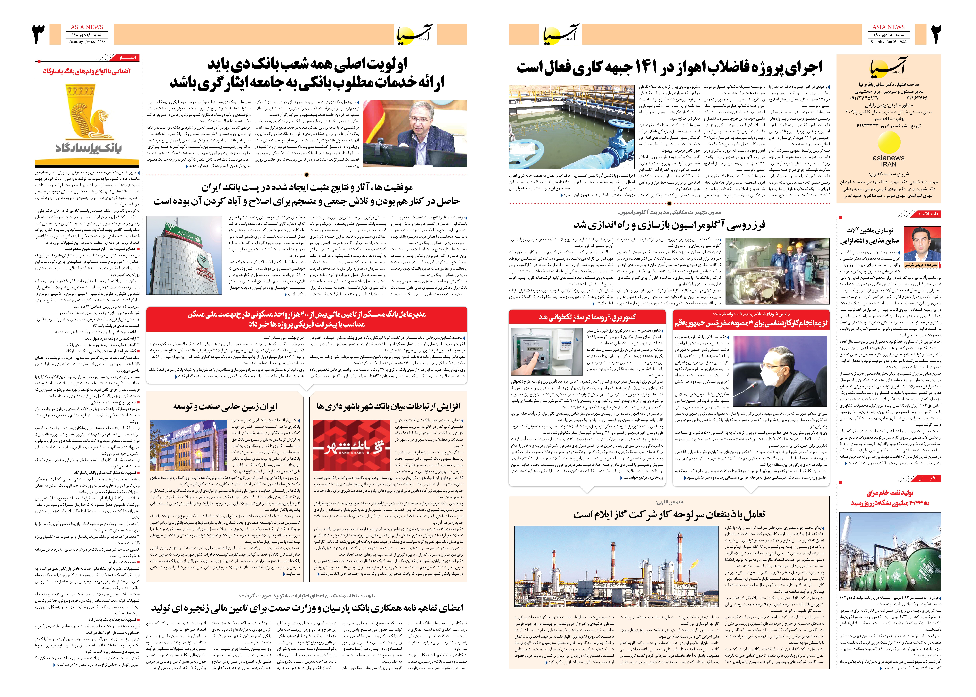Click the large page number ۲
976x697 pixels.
pos(936,34)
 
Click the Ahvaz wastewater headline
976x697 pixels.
pos(670,67)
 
